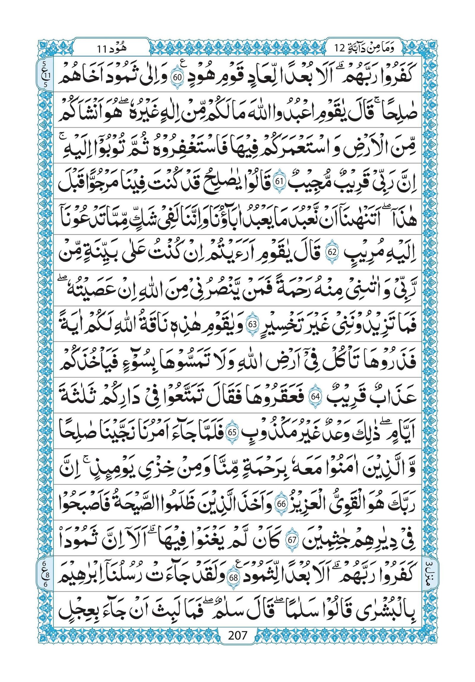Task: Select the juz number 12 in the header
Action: tap(339, 48)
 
